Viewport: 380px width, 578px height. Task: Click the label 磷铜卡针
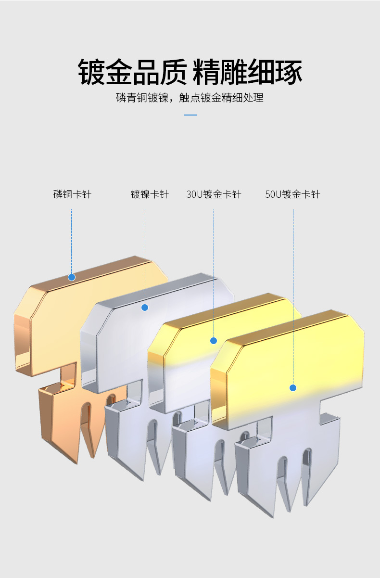(72, 194)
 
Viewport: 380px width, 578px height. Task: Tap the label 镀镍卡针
(150, 194)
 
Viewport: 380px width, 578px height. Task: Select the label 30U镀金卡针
(214, 194)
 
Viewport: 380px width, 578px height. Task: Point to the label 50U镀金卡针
(292, 194)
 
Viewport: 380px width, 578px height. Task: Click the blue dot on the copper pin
(72, 277)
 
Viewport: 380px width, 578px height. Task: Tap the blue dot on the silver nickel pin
(145, 307)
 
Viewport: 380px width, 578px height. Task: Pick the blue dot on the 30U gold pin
(214, 341)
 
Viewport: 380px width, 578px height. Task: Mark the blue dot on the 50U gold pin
(293, 388)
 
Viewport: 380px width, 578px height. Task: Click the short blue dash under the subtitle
(190, 116)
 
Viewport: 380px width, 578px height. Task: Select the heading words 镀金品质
(132, 72)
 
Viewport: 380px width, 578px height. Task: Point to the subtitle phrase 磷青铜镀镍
(142, 98)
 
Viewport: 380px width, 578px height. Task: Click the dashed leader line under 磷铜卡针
(72, 241)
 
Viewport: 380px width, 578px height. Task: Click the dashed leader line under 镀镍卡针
(145, 255)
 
